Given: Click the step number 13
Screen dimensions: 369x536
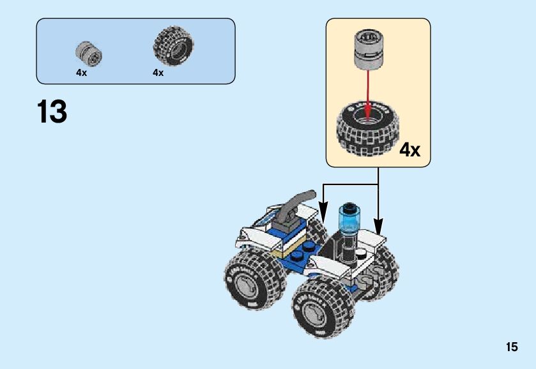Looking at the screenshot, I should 52,112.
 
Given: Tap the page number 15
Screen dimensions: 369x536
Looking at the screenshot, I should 511,347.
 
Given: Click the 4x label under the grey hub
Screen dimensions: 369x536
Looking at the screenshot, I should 81,73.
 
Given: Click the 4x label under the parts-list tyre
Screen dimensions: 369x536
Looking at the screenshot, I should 158,73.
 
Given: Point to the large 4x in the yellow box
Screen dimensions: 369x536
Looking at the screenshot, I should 410,150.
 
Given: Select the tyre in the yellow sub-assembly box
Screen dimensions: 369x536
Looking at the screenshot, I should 365,130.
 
